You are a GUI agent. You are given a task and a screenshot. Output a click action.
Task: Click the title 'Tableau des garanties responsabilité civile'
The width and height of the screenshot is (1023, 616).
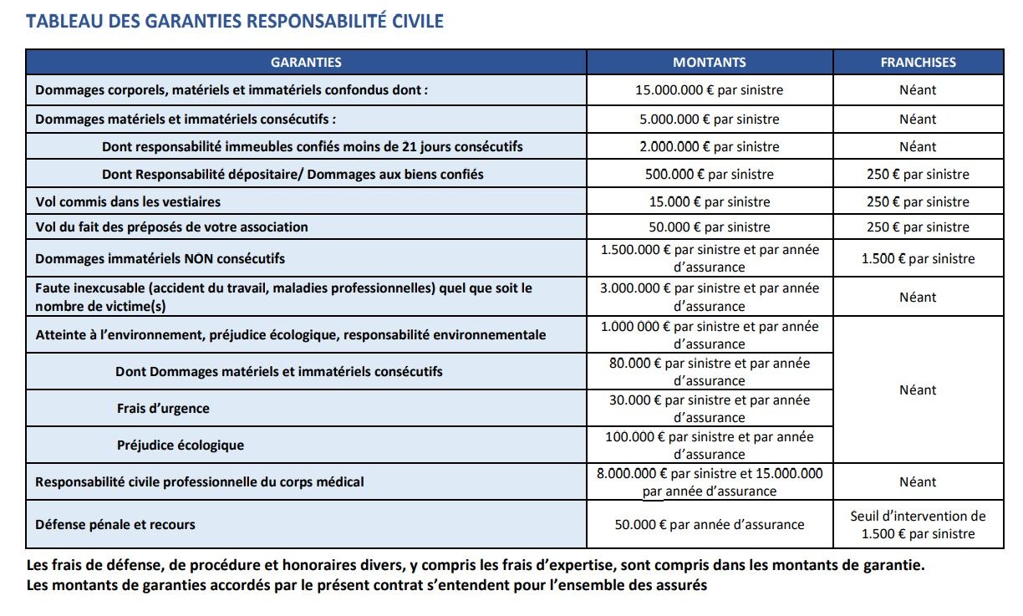coord(235,21)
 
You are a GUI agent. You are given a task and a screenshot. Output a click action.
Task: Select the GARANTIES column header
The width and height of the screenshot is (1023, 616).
coord(306,62)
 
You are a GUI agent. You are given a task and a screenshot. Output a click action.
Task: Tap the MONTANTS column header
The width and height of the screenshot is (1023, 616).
coord(710,62)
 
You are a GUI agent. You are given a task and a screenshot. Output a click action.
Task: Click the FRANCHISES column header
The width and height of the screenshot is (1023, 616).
coord(918,62)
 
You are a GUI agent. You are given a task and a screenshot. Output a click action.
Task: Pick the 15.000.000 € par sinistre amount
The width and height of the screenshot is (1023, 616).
coord(710,89)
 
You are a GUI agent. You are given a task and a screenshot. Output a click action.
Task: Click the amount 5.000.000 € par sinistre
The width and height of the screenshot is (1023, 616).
coord(710,119)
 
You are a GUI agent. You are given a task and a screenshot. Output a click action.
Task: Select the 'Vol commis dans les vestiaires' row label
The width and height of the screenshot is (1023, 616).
coord(128,201)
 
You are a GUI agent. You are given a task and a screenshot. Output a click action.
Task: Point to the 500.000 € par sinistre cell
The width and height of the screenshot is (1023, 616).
coord(710,175)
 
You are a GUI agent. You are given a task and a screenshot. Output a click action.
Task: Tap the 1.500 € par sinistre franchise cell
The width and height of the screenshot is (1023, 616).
coord(918,258)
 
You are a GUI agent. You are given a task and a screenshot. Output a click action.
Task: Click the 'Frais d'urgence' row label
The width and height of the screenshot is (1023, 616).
coord(163,409)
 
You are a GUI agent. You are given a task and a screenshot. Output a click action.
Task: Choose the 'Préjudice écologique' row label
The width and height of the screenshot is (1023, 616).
coord(181,445)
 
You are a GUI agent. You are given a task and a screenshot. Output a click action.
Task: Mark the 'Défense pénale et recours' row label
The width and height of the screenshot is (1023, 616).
coord(115,525)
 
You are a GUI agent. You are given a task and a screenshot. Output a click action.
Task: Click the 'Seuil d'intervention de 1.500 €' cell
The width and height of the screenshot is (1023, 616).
coord(918,525)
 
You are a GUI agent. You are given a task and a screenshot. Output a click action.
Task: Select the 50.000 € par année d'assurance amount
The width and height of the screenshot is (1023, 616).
coord(710,525)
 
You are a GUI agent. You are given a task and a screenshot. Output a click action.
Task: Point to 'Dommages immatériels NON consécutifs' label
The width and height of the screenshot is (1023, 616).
coord(160,258)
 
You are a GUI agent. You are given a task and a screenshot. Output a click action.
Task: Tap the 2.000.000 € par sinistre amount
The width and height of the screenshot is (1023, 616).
coord(710,146)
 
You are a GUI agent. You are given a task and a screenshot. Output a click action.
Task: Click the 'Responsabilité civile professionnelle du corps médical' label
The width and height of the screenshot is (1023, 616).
coord(200,482)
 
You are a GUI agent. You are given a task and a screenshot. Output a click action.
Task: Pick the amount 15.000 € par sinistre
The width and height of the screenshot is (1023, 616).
coord(710,201)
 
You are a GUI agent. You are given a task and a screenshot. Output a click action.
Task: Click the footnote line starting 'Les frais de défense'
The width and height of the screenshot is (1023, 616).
coord(476,565)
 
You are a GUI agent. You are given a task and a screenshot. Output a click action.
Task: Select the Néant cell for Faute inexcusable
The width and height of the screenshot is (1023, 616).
coord(918,297)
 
